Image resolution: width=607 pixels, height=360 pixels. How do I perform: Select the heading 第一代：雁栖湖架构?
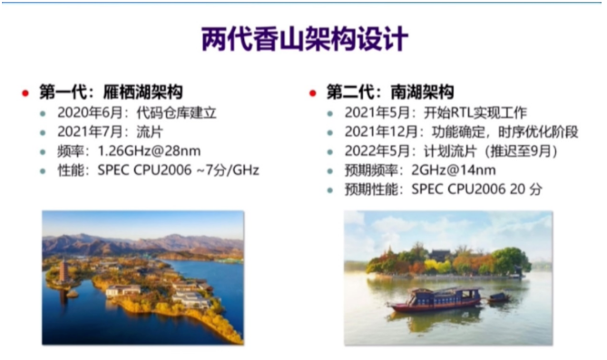111,92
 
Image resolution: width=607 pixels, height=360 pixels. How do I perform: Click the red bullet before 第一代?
26,93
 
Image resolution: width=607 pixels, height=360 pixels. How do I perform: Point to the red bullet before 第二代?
312,93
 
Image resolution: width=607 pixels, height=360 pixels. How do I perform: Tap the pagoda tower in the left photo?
63,273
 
